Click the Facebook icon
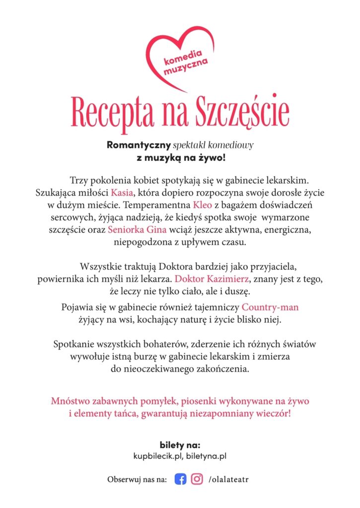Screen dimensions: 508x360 coord(180,479)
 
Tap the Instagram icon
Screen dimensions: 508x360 coord(197,479)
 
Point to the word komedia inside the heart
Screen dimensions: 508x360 coord(176,56)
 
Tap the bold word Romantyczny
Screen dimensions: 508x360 coord(139,145)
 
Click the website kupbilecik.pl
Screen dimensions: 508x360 coord(158,455)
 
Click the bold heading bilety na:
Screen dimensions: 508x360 coord(180,444)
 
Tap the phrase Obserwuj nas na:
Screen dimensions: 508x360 coord(137,480)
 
